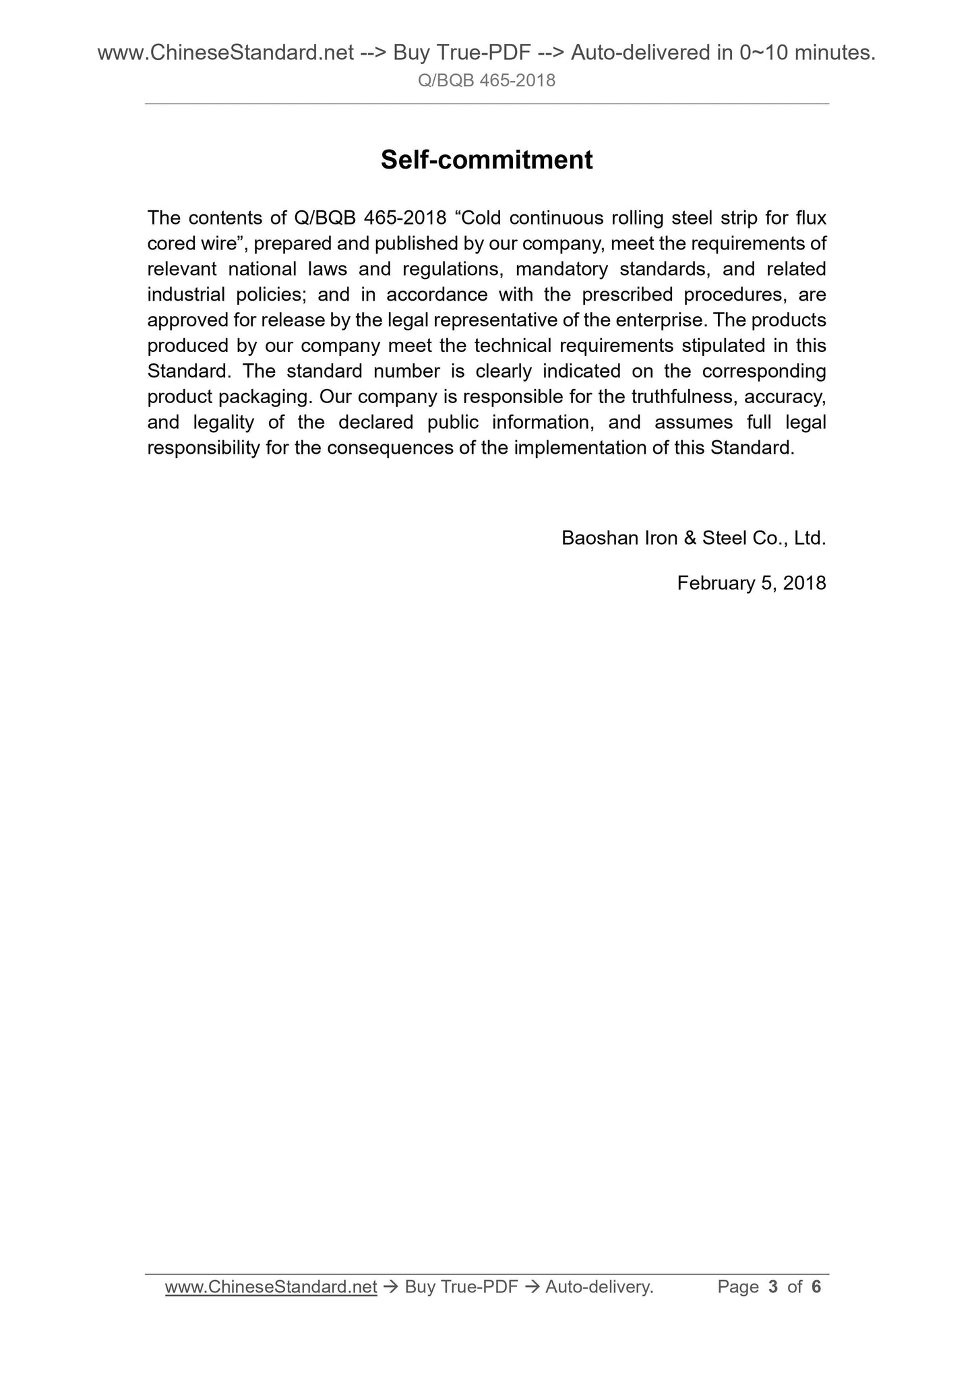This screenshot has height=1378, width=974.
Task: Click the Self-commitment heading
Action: [487, 160]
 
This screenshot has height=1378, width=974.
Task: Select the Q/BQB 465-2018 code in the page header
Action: [487, 81]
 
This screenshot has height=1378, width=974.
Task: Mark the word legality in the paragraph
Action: [223, 423]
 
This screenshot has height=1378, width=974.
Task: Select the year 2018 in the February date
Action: [805, 583]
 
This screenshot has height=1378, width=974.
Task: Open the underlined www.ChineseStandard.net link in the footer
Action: [271, 1287]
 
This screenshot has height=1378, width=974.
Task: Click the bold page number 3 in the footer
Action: [772, 1287]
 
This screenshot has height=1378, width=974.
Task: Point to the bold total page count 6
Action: [816, 1287]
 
